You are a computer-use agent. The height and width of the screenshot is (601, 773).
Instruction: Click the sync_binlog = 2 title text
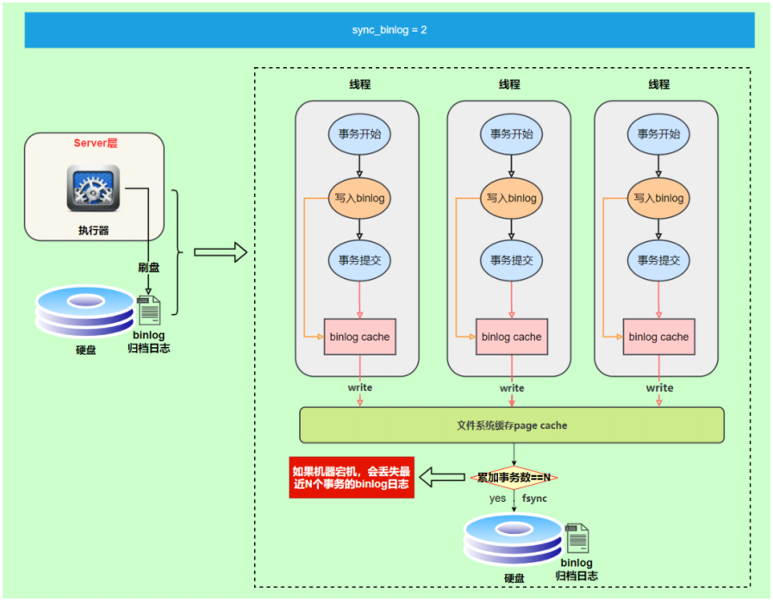point(390,29)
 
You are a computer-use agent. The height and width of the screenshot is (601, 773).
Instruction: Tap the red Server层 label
point(95,143)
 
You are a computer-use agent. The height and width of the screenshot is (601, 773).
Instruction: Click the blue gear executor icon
point(93,188)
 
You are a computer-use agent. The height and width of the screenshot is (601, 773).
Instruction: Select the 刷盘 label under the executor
point(148,268)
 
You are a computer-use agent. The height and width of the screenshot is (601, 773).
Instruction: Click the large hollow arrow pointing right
point(220,252)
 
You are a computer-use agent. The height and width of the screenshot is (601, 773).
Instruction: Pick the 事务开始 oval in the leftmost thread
point(359,133)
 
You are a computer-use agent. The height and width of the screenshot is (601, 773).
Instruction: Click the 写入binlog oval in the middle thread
point(511,198)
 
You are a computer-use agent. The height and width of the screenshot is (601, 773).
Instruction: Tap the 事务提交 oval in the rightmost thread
point(658,260)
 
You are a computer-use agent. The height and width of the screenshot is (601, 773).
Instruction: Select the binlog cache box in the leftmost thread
point(359,337)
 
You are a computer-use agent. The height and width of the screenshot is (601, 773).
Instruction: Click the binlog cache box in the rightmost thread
point(658,337)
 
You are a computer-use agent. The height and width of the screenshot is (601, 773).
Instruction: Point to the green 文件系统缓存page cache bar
point(511,425)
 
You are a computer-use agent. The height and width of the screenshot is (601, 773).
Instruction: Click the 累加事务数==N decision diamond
point(514,477)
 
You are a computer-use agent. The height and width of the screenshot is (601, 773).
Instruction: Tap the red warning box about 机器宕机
point(352,477)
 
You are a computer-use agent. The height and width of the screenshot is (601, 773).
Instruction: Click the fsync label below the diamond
point(534,499)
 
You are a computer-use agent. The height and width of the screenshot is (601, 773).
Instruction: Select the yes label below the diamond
point(497,499)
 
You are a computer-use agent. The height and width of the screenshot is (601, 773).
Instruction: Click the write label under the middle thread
point(511,388)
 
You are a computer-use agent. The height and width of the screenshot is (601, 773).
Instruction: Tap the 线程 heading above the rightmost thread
point(658,84)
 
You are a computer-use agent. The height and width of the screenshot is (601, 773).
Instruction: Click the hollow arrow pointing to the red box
point(446,477)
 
